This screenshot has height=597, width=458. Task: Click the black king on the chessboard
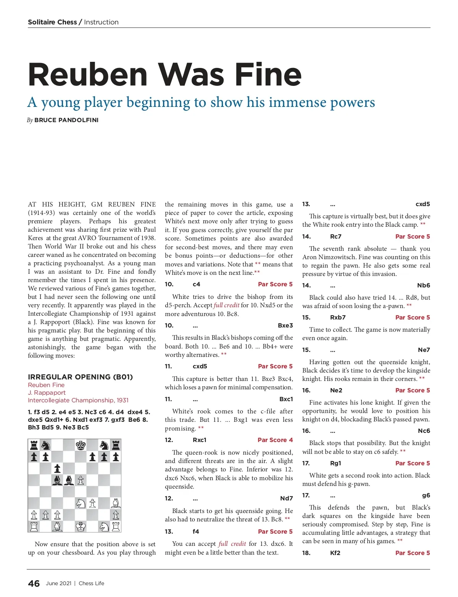[81, 445]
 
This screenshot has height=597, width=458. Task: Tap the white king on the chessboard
[81, 527]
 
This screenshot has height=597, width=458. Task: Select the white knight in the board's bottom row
[104, 527]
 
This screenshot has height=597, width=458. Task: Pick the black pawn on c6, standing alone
[57, 468]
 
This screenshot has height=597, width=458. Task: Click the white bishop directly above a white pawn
[116, 503]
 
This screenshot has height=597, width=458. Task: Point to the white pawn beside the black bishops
[81, 480]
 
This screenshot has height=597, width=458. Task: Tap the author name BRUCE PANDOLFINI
[66, 120]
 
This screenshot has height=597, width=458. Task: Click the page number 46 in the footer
[34, 583]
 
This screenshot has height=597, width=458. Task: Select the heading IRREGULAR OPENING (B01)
[80, 377]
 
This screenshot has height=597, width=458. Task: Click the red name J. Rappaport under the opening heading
[47, 392]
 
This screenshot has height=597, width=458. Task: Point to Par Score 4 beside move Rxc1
[275, 440]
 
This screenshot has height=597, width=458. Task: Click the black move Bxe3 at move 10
[285, 325]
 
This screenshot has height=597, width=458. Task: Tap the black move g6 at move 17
[426, 495]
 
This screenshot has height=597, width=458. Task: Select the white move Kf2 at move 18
[335, 553]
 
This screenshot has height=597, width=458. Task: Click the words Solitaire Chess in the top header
[52, 22]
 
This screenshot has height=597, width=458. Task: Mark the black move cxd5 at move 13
[423, 204]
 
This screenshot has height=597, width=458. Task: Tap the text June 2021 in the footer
[58, 583]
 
